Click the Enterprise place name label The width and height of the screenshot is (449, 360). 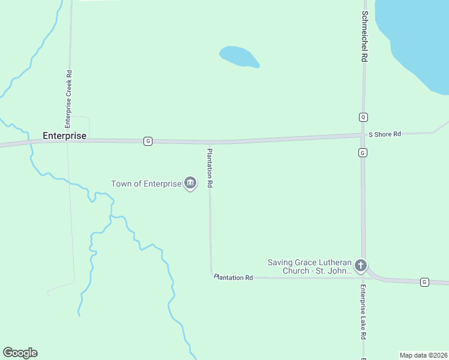pos(64,136)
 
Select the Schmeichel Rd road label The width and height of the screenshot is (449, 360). pos(364,37)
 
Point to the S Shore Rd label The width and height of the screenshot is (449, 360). pos(384,134)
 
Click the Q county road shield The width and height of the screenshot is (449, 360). pos(363,116)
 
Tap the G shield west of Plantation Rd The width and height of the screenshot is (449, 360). pos(148,141)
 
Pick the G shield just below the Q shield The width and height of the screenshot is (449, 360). pos(363,153)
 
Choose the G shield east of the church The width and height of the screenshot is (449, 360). pos(424,281)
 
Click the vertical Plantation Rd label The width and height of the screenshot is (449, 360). pos(209,169)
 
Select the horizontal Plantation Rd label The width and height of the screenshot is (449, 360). pos(234,278)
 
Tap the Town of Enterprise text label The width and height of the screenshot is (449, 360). pos(146,184)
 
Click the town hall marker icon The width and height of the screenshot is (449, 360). pos(190,183)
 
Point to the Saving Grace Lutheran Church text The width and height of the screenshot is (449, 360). pos(309,266)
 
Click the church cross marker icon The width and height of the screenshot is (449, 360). pos(360,265)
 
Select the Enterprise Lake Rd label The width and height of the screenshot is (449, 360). pos(363,311)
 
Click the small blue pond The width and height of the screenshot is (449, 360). pos(238,56)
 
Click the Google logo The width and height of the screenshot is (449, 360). pos(20,353)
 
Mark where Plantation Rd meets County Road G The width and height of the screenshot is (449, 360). pos(209,143)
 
